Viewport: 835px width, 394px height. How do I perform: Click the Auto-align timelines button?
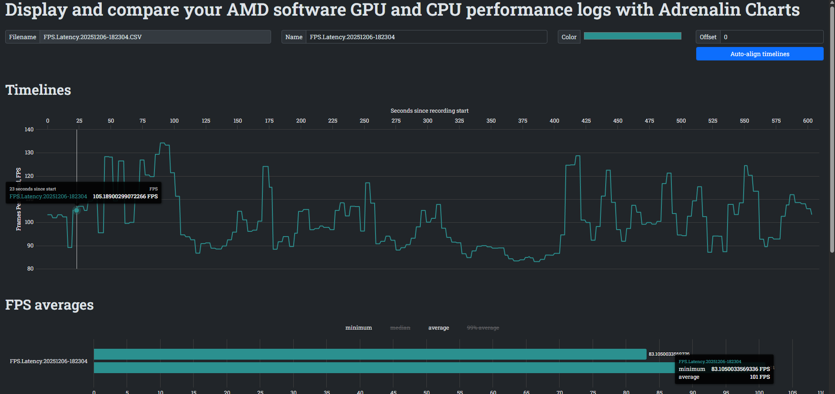click(x=759, y=54)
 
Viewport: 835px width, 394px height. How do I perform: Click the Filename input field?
click(x=155, y=37)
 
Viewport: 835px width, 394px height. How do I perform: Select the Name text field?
click(x=426, y=37)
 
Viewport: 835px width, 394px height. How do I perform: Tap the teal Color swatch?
click(x=632, y=36)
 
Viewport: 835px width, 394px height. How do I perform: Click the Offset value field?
click(x=771, y=37)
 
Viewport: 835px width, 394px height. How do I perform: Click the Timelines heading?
click(x=38, y=90)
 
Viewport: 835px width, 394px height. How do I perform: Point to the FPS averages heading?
click(x=50, y=305)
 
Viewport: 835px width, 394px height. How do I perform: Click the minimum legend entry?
click(x=359, y=328)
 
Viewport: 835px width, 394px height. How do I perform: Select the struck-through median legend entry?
click(x=400, y=328)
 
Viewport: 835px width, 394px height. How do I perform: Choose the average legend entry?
click(x=439, y=328)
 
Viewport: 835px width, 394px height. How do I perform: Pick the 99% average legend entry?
click(x=483, y=328)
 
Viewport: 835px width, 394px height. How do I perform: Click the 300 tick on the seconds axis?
click(x=428, y=121)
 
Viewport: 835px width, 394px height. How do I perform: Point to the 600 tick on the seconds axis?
click(x=808, y=121)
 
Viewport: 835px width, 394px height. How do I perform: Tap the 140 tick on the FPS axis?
click(x=29, y=130)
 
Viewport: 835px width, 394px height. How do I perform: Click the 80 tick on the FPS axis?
click(x=30, y=269)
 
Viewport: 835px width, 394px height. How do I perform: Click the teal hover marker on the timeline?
click(x=77, y=210)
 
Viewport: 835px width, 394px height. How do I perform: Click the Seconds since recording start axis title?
click(x=429, y=111)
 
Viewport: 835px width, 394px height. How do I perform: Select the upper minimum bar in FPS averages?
click(x=370, y=354)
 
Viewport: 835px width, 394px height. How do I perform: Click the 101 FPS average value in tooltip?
click(x=759, y=377)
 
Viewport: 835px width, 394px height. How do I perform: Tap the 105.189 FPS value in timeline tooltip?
click(x=125, y=197)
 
